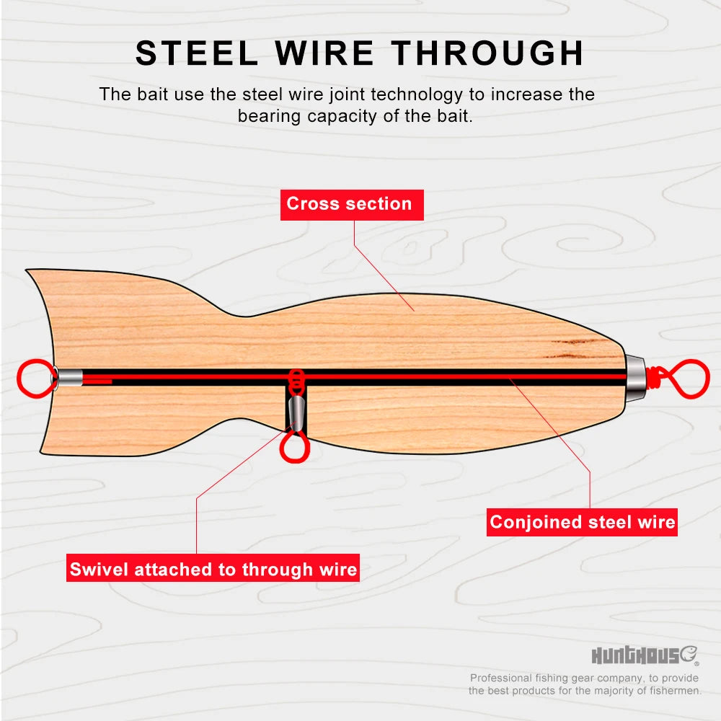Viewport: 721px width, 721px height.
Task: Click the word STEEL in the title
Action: [x=197, y=53]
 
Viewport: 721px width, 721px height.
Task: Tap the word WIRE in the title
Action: [x=324, y=53]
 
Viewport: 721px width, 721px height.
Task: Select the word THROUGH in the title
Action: [x=487, y=53]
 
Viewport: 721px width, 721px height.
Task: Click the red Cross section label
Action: [x=352, y=205]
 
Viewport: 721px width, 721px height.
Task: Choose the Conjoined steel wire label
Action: [x=582, y=522]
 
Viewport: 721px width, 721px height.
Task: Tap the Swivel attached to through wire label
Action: [x=213, y=568]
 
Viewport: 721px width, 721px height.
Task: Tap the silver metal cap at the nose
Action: [x=634, y=379]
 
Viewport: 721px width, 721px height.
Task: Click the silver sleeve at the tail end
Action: [x=70, y=378]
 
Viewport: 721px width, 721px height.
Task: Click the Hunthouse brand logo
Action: [x=645, y=655]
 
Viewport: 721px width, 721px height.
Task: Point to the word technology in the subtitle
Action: [x=417, y=95]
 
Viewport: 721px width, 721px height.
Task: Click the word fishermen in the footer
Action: [x=675, y=691]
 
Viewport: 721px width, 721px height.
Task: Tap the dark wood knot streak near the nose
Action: [x=575, y=348]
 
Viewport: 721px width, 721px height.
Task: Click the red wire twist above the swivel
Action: [x=296, y=381]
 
